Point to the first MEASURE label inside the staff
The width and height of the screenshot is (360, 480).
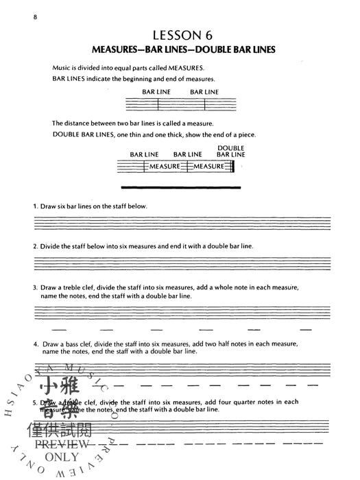(x=165, y=166)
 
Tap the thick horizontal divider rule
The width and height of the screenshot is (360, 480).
(x=180, y=187)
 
